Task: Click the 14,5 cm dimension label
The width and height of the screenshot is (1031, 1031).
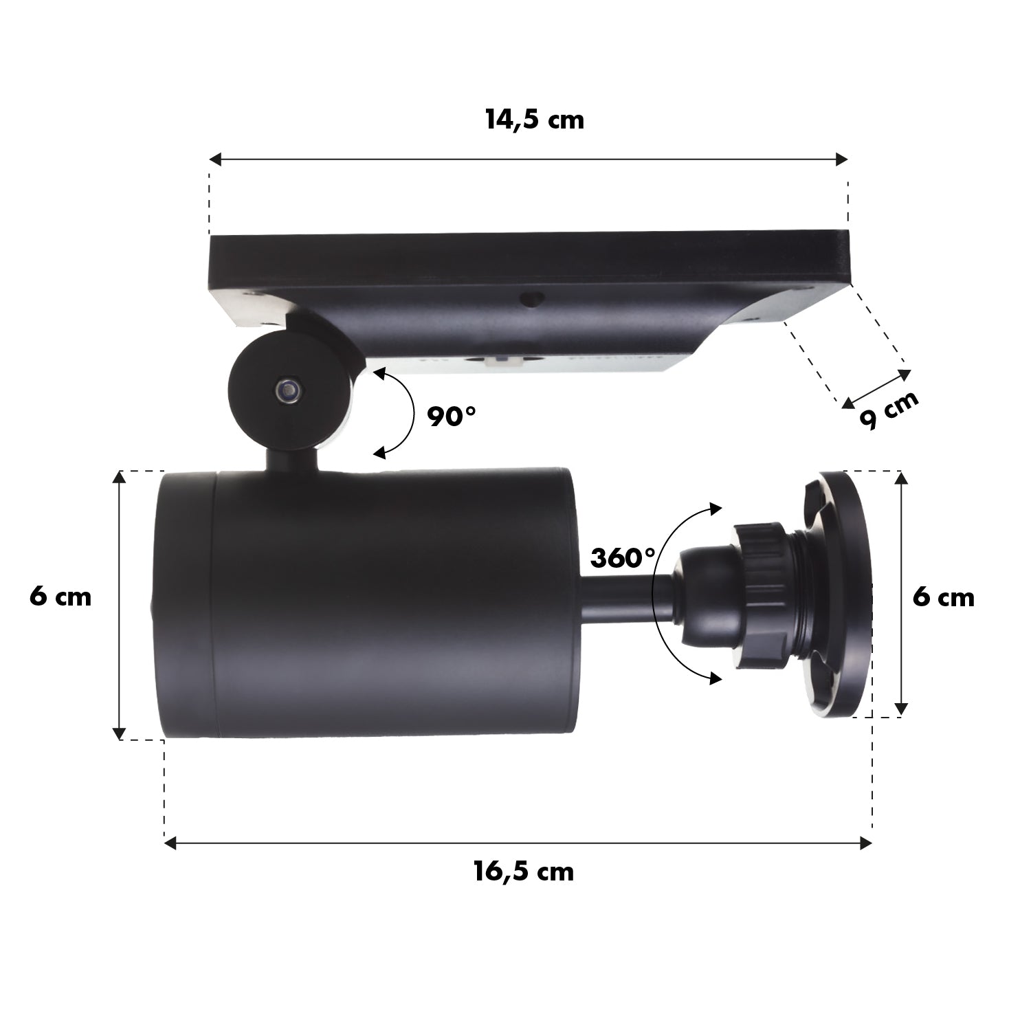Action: point(534,120)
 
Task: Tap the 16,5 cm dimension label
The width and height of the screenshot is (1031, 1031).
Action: point(523,872)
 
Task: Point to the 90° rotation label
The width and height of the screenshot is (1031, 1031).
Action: point(451,416)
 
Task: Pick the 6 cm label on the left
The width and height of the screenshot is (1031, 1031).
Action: point(60,597)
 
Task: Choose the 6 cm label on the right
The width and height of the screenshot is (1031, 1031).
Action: point(943,597)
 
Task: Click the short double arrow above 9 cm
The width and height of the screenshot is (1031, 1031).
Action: point(876,388)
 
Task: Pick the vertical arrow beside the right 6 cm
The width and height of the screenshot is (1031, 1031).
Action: point(902,595)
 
